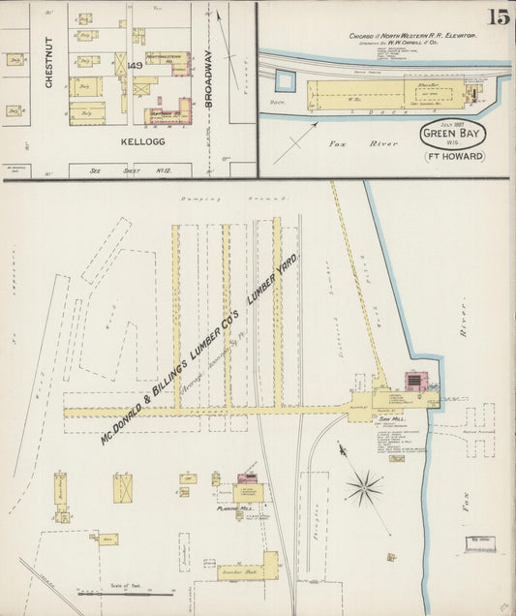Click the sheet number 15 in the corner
(498, 16)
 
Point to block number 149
(135, 66)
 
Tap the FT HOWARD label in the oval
(453, 156)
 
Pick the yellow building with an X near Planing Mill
(123, 487)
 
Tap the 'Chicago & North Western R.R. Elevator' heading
(412, 35)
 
